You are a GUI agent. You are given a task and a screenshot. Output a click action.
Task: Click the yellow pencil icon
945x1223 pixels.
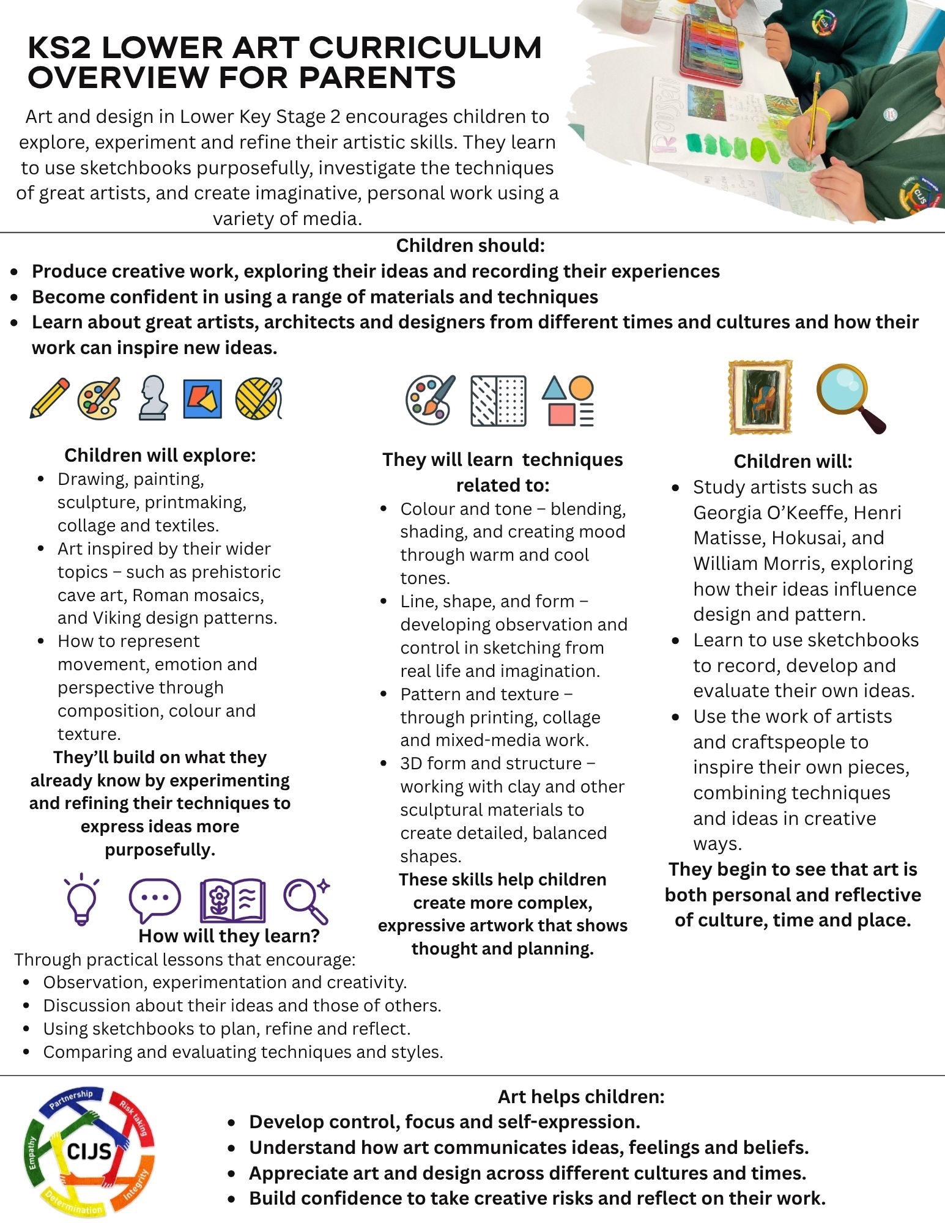click(x=50, y=398)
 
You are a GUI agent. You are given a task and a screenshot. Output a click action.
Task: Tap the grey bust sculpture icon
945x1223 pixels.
click(x=152, y=397)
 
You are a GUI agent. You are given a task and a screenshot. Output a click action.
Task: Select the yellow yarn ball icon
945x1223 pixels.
click(x=259, y=398)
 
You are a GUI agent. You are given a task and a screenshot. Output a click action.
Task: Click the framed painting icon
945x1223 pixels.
click(x=760, y=397)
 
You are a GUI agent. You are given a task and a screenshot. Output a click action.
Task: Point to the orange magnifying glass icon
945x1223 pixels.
click(x=850, y=397)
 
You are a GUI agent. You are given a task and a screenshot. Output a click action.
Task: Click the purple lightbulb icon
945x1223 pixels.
click(x=81, y=900)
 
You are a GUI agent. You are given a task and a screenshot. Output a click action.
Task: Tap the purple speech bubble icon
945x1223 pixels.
click(x=155, y=900)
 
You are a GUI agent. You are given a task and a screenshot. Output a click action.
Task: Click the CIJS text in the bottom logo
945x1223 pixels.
click(x=89, y=1152)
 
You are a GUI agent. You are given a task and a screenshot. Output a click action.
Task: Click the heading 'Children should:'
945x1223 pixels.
click(x=470, y=246)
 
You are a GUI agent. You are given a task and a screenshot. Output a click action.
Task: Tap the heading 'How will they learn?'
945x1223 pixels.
click(x=229, y=936)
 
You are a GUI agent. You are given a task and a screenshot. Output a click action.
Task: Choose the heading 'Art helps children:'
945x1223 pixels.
click(x=580, y=1096)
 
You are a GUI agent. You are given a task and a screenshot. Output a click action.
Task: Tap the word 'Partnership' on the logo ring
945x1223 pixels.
click(x=72, y=1099)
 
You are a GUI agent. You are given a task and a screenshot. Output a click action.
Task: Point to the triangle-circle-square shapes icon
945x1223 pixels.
click(x=568, y=401)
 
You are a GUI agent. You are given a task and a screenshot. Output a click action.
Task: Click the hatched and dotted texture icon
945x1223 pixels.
click(x=498, y=401)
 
